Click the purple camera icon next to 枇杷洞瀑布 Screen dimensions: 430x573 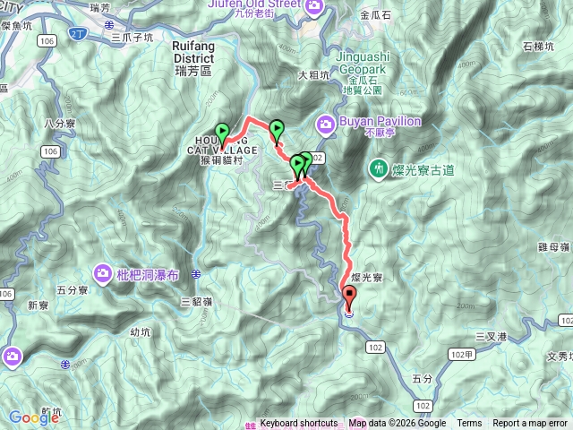[x=104, y=272]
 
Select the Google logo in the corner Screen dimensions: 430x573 [x=34, y=417]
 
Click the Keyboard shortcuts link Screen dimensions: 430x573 [x=298, y=424]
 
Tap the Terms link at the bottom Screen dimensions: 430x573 [x=469, y=424]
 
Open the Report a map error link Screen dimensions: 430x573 [x=530, y=424]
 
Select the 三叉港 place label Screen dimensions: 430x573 [x=492, y=336]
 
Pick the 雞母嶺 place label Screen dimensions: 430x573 [x=552, y=245]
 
